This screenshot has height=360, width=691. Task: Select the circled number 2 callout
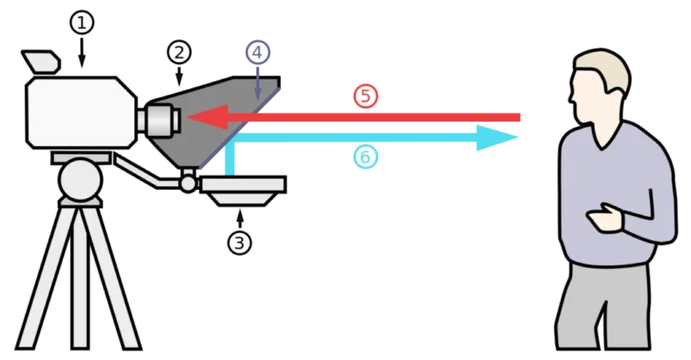(x=179, y=51)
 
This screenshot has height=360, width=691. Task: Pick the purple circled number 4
(x=257, y=51)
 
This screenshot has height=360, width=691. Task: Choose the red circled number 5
(x=365, y=96)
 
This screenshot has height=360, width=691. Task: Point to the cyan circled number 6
(x=364, y=157)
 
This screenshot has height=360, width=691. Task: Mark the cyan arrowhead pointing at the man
(x=504, y=137)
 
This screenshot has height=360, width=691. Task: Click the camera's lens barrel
(x=160, y=118)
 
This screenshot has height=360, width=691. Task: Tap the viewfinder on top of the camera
(x=41, y=62)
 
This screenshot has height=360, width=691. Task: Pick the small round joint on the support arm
(x=187, y=183)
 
